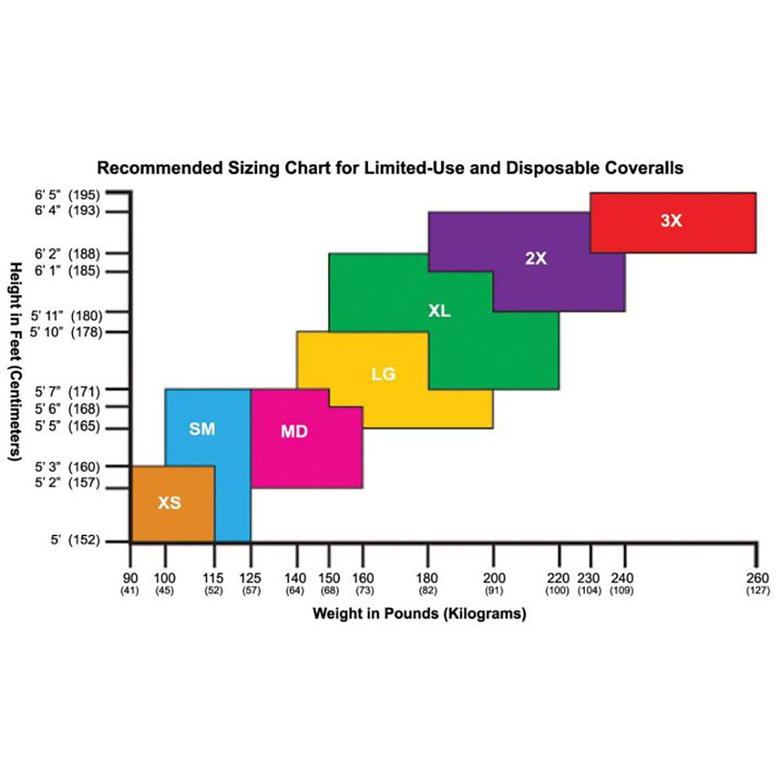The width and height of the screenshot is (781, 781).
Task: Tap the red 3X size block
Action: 672,222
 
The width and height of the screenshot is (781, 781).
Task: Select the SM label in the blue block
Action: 202,429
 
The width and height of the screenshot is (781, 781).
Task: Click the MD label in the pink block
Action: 294,432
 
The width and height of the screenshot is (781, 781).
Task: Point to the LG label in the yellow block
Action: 383,374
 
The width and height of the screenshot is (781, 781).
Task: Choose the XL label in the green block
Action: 440,311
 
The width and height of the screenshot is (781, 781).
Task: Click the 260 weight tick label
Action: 757,578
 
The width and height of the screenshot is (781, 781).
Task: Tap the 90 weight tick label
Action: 130,578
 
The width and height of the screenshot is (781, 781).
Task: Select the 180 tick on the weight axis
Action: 428,578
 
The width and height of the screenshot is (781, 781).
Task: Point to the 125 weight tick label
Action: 251,578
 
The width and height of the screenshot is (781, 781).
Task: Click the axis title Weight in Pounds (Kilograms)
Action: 419,614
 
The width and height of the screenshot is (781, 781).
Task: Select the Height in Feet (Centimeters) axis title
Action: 15,360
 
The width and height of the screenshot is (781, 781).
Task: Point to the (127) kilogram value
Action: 757,591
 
